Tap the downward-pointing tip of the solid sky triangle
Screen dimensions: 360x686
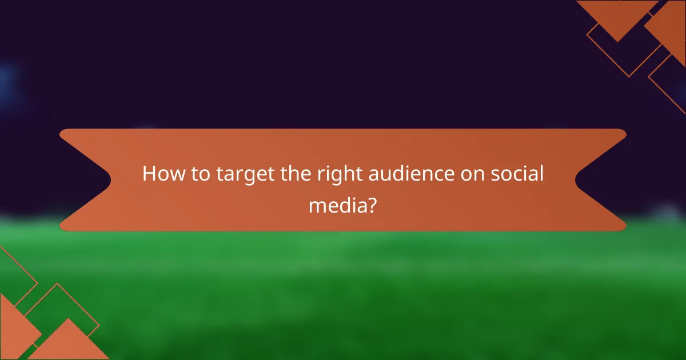[x=617, y=41]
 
